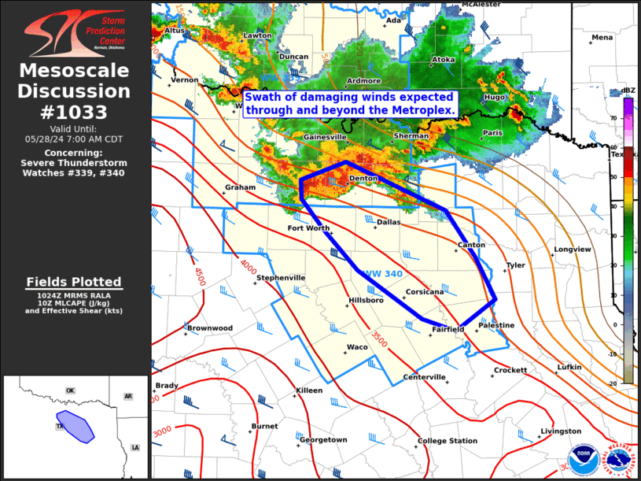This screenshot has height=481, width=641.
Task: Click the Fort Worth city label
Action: tap(308, 228)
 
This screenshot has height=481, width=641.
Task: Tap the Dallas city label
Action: tap(389, 222)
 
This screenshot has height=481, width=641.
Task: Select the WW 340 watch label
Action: tap(383, 273)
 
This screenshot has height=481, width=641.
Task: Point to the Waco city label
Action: tap(357, 347)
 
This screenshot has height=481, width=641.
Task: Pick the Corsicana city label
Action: tap(424, 292)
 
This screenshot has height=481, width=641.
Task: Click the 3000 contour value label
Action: tap(162, 431)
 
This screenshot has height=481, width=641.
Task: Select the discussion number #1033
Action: tap(75, 112)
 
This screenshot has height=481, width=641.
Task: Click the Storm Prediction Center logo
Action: tap(75, 32)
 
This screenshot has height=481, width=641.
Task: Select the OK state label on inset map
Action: tap(69, 390)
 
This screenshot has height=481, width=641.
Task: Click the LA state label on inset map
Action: tap(134, 447)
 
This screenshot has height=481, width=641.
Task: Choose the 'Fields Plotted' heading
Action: tap(74, 282)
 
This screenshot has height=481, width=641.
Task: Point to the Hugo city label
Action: tap(495, 97)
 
